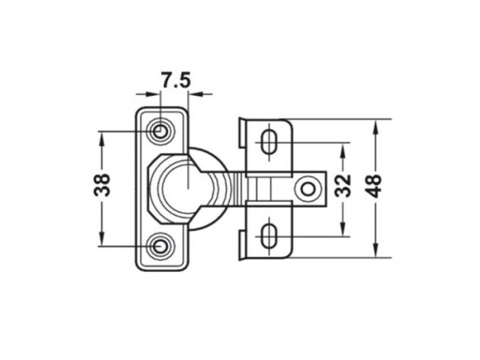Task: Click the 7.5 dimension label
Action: pyautogui.click(x=175, y=80)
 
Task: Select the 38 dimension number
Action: pyautogui.click(x=103, y=185)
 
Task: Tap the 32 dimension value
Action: pyautogui.click(x=343, y=185)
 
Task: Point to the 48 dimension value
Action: pyautogui.click(x=374, y=185)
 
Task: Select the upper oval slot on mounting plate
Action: pyautogui.click(x=269, y=142)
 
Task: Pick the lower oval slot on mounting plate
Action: pyautogui.click(x=269, y=235)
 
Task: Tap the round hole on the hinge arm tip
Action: pyautogui.click(x=309, y=188)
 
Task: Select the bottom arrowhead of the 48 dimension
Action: pyautogui.click(x=374, y=251)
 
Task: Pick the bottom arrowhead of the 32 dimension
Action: pyautogui.click(x=343, y=230)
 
